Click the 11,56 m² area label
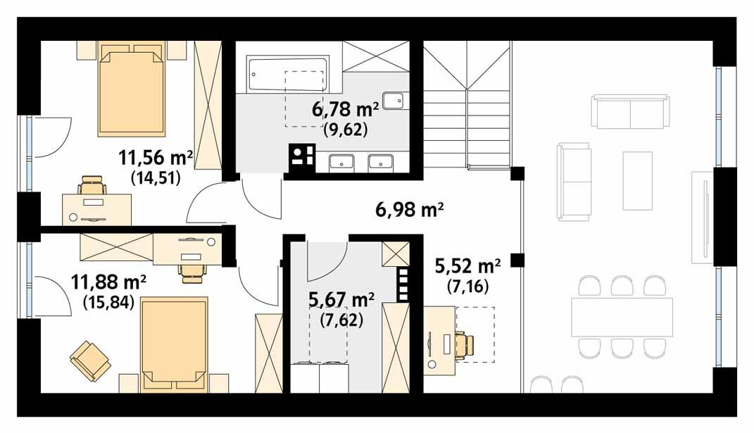[156, 158]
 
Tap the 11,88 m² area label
[108, 282]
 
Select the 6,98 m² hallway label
[409, 211]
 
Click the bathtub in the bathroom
[287, 75]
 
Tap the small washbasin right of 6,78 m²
[395, 100]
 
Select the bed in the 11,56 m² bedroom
[132, 89]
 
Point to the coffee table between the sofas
[638, 181]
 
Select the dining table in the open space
[622, 317]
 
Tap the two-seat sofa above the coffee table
[630, 112]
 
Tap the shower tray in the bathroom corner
[375, 56]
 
